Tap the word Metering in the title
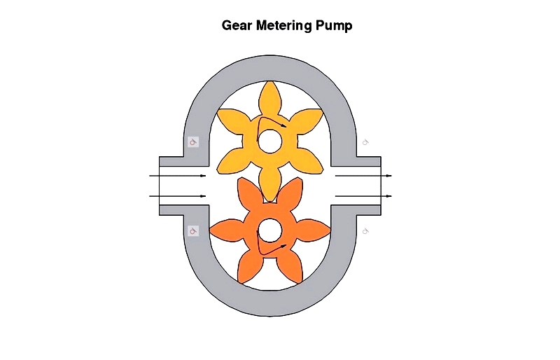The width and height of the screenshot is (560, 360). pos(284,26)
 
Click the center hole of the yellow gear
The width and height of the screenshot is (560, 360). pos(269,141)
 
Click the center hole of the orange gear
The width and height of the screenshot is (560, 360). pos(269,230)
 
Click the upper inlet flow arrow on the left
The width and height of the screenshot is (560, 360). pos(178,176)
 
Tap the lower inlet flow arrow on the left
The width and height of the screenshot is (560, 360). pos(178,196)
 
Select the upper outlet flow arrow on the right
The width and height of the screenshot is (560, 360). pos(363,176)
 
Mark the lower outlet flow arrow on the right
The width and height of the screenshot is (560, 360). pos(363,196)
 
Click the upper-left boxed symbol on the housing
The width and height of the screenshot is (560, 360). pos(193,142)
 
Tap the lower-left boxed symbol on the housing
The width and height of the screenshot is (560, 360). pos(193,231)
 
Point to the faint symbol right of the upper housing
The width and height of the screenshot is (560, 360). pos(365,142)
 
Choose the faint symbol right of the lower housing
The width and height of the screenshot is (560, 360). pos(365,231)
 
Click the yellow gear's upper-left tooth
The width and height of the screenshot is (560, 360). pos(232,119)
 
